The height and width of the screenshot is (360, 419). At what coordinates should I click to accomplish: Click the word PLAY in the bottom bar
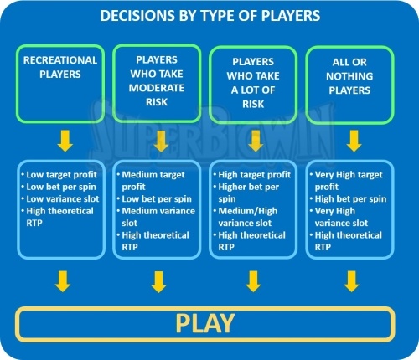point(205,323)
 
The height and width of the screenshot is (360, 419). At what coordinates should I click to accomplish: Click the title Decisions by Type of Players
point(210,16)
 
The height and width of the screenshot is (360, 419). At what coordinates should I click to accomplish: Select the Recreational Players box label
point(60,67)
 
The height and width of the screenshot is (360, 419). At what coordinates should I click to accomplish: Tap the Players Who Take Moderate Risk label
point(157,81)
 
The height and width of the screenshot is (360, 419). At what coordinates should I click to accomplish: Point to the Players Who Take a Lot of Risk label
point(253,83)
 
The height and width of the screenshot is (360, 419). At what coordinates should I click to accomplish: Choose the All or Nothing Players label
point(349,76)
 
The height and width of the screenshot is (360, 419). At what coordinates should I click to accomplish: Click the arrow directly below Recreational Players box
point(65,141)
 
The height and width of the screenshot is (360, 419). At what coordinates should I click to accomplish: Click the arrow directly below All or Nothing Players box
point(354,141)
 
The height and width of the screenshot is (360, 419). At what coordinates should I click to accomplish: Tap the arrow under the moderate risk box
point(161,141)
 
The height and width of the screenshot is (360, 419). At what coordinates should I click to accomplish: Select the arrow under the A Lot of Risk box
point(256,141)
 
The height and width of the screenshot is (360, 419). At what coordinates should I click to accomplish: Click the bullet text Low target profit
point(61,175)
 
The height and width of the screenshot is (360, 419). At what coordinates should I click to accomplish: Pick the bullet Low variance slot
point(63,198)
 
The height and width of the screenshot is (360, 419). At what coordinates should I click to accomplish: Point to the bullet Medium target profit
point(153,181)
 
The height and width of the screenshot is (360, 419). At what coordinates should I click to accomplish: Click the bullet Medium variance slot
point(158,217)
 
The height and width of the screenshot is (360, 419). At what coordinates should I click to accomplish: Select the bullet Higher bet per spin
point(249,193)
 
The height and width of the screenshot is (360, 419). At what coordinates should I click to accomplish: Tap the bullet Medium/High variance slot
point(248,217)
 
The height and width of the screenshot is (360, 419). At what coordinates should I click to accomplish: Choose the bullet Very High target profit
point(349,181)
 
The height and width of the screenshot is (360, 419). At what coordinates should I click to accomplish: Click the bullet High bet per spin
point(350,198)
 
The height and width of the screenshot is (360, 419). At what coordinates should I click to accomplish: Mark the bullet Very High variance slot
point(341,217)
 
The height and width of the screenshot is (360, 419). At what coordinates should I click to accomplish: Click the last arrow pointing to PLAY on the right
point(352,281)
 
